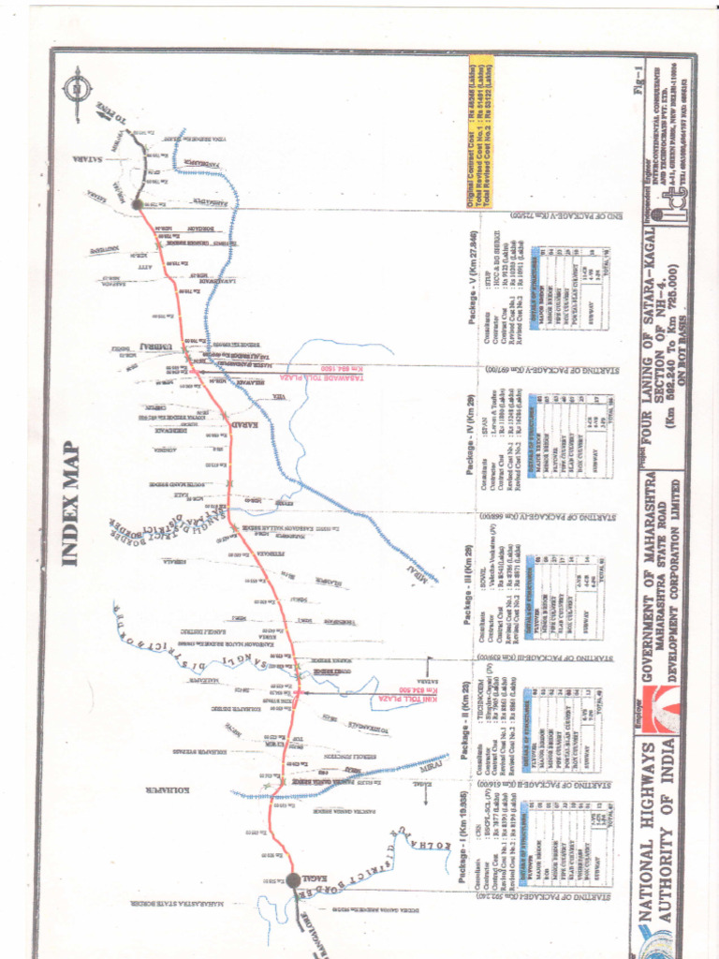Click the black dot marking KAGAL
(x=293, y=880)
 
